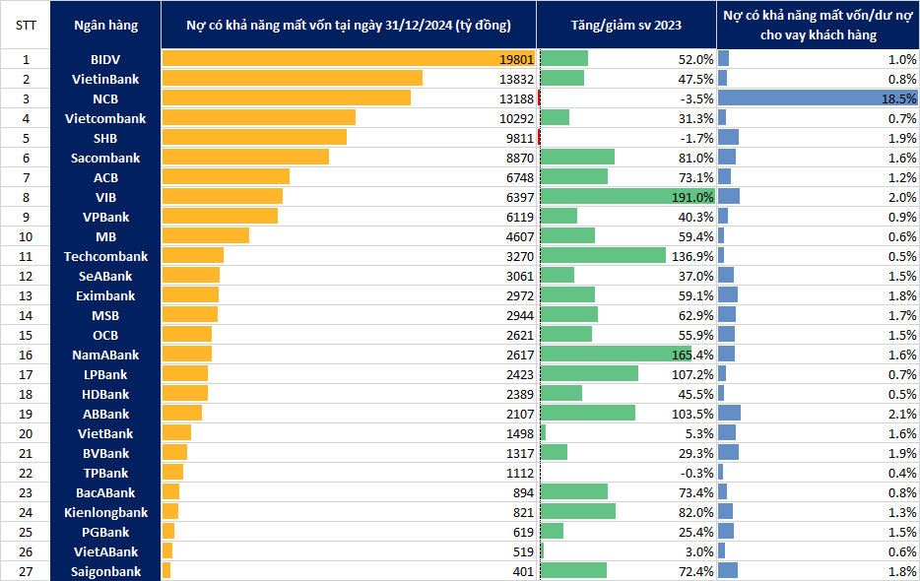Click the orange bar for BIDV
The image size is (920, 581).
coord(349,59)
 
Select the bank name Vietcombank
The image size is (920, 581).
coord(105,118)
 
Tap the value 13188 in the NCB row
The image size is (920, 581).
coord(516,98)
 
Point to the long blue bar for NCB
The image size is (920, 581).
coord(818,98)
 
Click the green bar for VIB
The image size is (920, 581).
coord(627,197)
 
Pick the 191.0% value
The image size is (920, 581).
coord(692,197)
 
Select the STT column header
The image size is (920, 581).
coord(26,26)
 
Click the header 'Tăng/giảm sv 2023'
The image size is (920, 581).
coord(626,26)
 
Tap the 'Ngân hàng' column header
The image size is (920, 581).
coord(105,26)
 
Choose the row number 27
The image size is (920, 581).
coord(26,571)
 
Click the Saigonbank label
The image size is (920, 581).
coord(105,571)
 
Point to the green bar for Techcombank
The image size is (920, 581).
coord(603,255)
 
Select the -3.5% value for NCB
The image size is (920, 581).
coord(697,98)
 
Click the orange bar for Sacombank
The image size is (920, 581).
coord(245,157)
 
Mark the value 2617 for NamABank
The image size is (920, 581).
coord(520,355)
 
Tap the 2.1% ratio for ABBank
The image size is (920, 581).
coord(902,414)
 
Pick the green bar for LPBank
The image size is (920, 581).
coord(589,373)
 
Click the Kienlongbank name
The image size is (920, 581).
coord(105,512)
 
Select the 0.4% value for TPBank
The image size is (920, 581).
coord(902,473)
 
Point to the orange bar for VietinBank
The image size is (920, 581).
coord(293,78)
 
